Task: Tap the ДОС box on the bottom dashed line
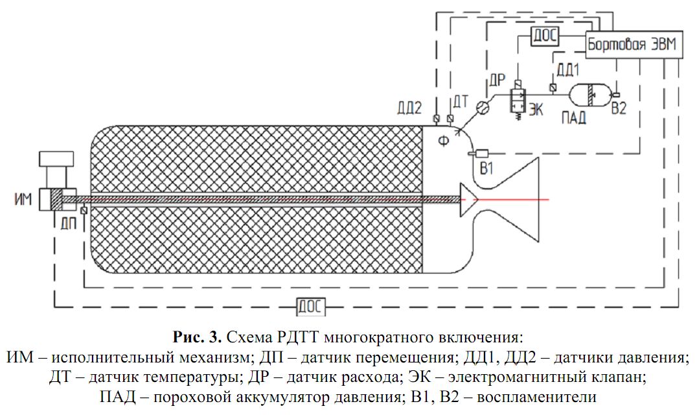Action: coord(312,305)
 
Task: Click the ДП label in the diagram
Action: coord(70,222)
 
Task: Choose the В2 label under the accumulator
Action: coord(619,110)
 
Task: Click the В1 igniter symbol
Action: coord(480,154)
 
